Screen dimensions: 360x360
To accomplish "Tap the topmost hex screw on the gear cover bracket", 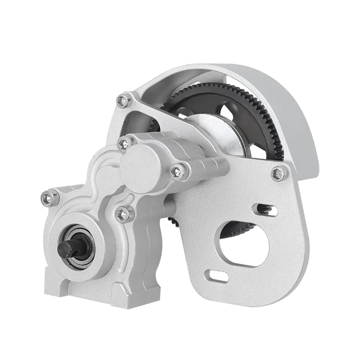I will (x=123, y=100).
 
